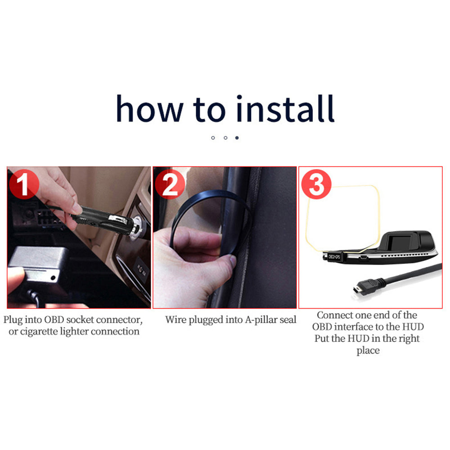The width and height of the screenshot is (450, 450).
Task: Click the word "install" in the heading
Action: (x=285, y=109)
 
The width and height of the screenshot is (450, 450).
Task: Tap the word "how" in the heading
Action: (x=149, y=109)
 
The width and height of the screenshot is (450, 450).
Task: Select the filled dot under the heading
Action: (x=237, y=138)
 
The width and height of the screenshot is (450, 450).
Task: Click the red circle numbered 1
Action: (x=24, y=184)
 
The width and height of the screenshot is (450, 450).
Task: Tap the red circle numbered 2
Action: (x=170, y=184)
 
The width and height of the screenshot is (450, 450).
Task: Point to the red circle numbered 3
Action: (x=316, y=184)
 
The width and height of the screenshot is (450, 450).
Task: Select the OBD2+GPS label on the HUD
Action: (x=334, y=257)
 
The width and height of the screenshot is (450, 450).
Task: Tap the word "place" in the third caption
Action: (x=368, y=351)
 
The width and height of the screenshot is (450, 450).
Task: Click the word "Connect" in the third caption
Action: (x=334, y=315)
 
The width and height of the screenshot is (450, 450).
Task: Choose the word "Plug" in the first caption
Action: (x=13, y=320)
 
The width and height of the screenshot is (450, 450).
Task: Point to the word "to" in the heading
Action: (x=209, y=109)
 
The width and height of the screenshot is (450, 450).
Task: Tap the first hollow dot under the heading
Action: (x=213, y=138)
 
